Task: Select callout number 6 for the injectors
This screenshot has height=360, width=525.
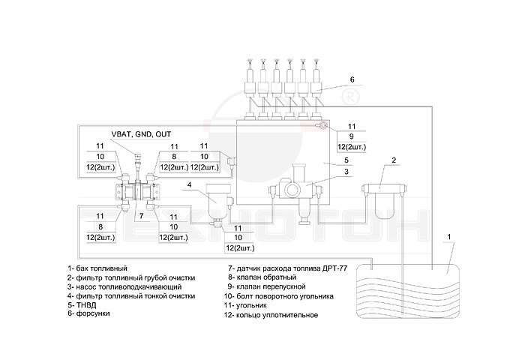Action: (x=351, y=79)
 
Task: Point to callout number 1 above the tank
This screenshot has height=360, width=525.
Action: (x=448, y=238)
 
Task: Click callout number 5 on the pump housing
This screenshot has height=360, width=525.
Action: (x=346, y=160)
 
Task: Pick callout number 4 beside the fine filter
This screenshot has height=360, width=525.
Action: (x=190, y=184)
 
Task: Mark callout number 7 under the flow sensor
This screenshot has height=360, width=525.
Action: (x=140, y=214)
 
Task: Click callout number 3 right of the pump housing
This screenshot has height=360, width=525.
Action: (x=346, y=172)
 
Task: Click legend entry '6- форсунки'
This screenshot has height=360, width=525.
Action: (x=88, y=314)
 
